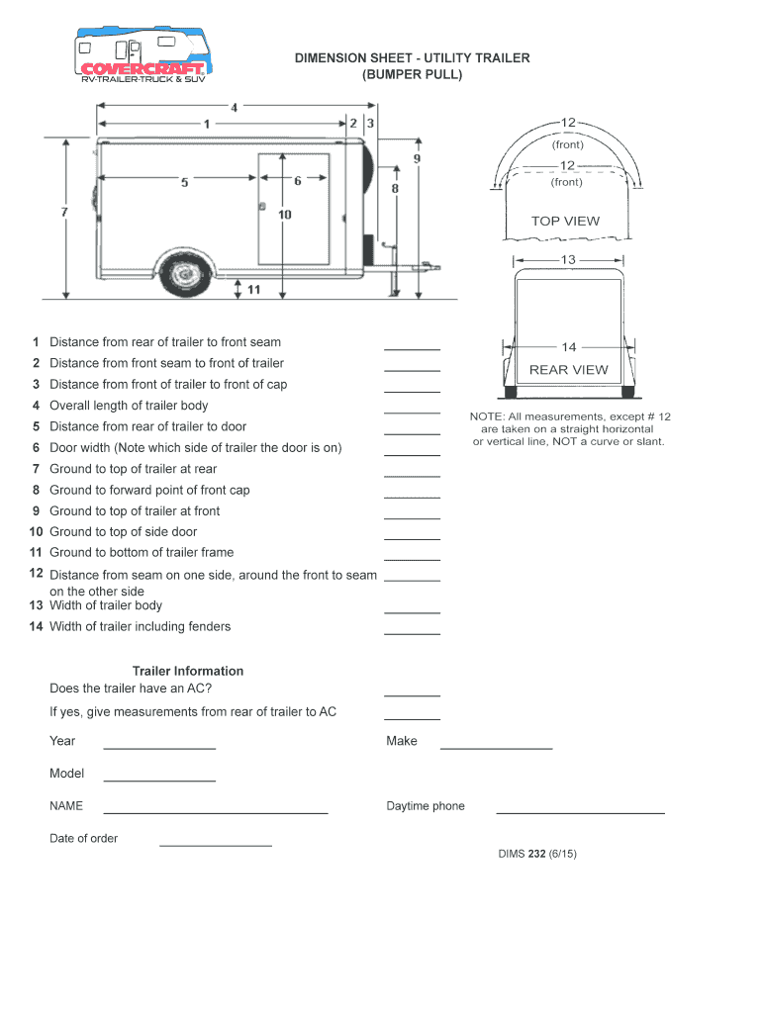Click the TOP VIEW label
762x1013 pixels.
point(565,221)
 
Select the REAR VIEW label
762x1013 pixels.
point(569,370)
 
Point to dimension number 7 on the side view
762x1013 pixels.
point(64,212)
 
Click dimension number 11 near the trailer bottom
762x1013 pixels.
point(253,290)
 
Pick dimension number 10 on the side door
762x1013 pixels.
point(284,214)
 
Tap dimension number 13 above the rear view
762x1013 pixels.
point(567,260)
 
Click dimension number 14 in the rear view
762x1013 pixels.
point(569,347)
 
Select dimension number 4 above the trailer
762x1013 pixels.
point(234,107)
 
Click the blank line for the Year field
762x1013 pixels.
point(159,747)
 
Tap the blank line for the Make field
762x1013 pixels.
point(496,747)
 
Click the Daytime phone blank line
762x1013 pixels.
point(580,811)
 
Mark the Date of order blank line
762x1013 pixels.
point(216,845)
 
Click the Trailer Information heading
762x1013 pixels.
point(188,671)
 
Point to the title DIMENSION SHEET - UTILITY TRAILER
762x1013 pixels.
point(412,58)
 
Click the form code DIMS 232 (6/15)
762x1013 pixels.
point(536,854)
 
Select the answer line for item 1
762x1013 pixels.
point(412,348)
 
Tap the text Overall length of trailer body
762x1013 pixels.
point(129,406)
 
